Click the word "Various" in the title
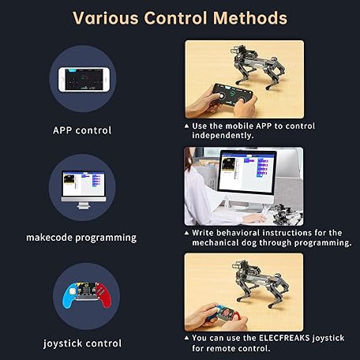[x=105, y=17]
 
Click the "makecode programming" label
[x=81, y=237]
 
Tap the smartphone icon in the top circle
[x=82, y=81]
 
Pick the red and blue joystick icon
[x=82, y=294]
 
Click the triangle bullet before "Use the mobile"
[x=186, y=126]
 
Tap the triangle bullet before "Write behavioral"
[x=186, y=233]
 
